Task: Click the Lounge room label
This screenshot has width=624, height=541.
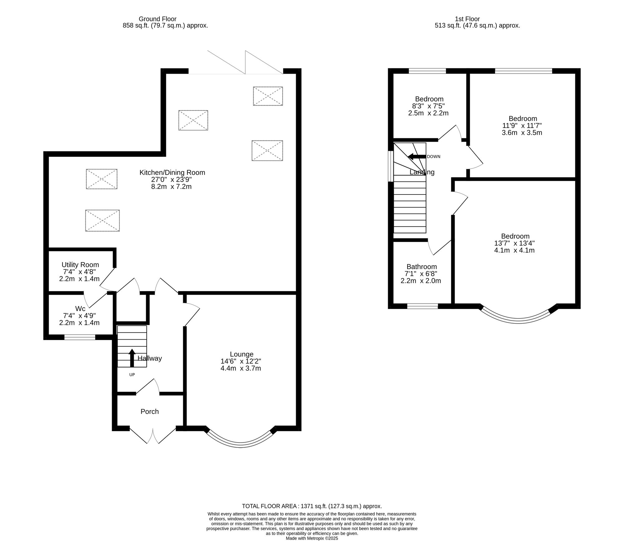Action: pos(241,354)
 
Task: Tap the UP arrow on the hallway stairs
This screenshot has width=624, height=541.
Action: pos(132,358)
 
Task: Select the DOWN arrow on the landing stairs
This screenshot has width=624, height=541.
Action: pos(417,156)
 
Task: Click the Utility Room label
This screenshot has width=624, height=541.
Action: pos(80,265)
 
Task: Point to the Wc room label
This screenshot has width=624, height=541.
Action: pos(80,309)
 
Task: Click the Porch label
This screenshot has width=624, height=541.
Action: pos(149,411)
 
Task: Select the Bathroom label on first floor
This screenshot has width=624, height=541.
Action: pos(422,267)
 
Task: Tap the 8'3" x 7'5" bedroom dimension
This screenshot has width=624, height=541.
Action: pos(428,106)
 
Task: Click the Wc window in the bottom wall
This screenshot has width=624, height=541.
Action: pos(80,337)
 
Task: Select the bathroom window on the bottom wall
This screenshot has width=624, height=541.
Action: pos(422,306)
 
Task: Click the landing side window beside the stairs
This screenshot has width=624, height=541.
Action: pos(390,166)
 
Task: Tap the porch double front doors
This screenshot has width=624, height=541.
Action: pos(153,435)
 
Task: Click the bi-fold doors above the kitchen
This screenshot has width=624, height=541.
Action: pos(245,64)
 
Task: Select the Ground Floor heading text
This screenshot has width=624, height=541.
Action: pos(158,19)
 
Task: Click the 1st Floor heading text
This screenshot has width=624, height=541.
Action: pos(467,19)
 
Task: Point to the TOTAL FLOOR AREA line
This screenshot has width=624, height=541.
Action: pos(312,506)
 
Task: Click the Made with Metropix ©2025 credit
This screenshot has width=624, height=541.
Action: pos(312,538)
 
